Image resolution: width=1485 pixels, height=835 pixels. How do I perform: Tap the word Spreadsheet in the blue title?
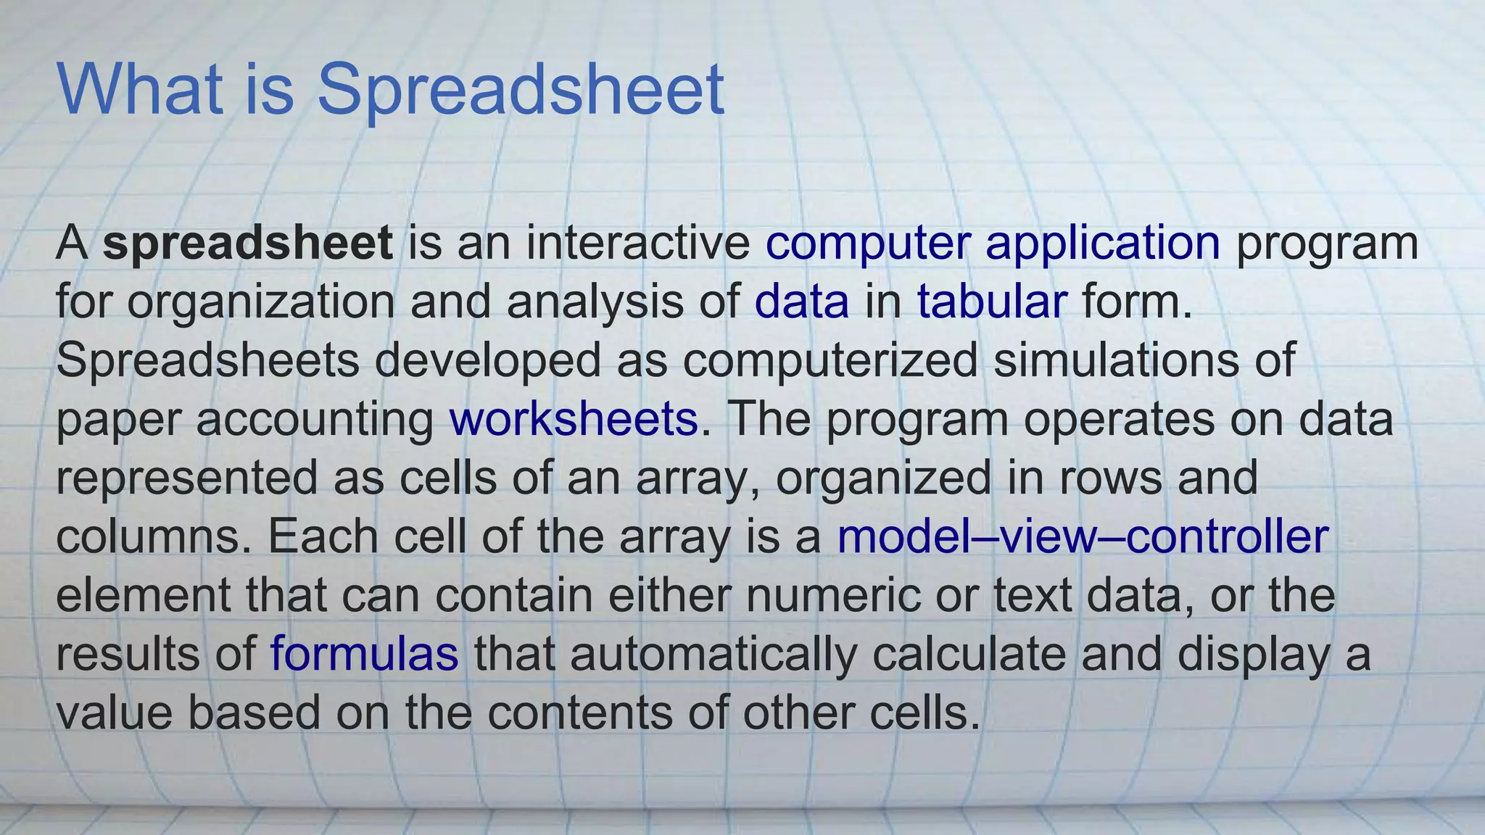pyautogui.click(x=521, y=90)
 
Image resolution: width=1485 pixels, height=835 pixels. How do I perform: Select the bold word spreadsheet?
pyautogui.click(x=248, y=243)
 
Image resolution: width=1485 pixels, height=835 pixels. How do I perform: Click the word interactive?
pyautogui.click(x=638, y=243)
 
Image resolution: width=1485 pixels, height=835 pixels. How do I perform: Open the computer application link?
pyautogui.click(x=993, y=243)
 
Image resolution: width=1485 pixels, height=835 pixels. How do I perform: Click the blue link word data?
pyautogui.click(x=801, y=302)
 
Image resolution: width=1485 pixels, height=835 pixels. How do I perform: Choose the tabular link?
pyautogui.click(x=991, y=302)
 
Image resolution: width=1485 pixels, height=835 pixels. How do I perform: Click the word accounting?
pyautogui.click(x=315, y=419)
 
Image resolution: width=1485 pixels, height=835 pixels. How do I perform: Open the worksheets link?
pyautogui.click(x=574, y=419)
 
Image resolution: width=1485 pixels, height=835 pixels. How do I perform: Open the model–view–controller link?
pyautogui.click(x=1083, y=536)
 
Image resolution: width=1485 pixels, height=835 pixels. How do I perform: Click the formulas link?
pyautogui.click(x=364, y=654)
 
